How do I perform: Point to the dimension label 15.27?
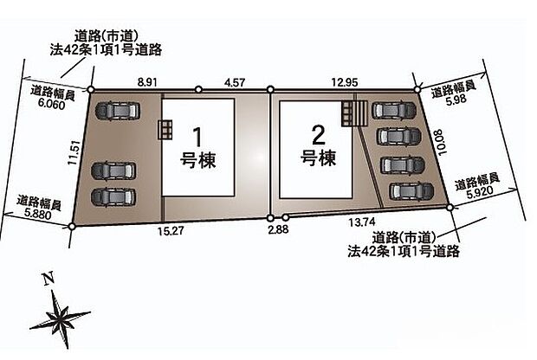click(x=173, y=230)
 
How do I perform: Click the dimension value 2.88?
click(x=278, y=230)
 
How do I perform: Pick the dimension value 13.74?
click(x=363, y=222)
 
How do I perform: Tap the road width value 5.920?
click(x=482, y=195)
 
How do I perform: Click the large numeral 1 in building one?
click(x=197, y=138)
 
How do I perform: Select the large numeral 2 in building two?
click(x=317, y=135)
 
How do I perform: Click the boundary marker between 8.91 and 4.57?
click(x=198, y=89)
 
